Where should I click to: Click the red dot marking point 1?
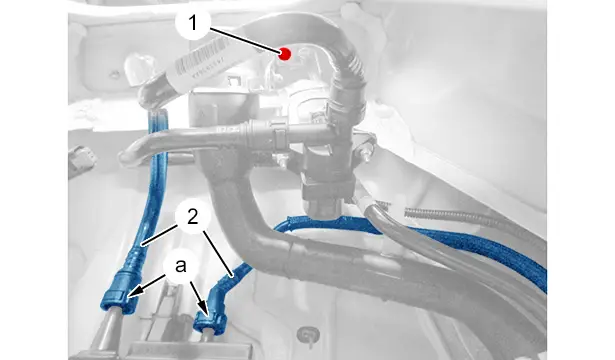285,54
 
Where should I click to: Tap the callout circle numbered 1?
193,23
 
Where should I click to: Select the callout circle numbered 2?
193,217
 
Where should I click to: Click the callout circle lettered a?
181,267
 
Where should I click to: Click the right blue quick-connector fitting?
212,315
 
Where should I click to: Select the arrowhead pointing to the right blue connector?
204,308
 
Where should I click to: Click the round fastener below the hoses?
308,336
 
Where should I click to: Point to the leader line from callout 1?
245,40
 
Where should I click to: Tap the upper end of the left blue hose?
158,116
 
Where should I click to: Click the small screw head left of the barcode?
114,74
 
